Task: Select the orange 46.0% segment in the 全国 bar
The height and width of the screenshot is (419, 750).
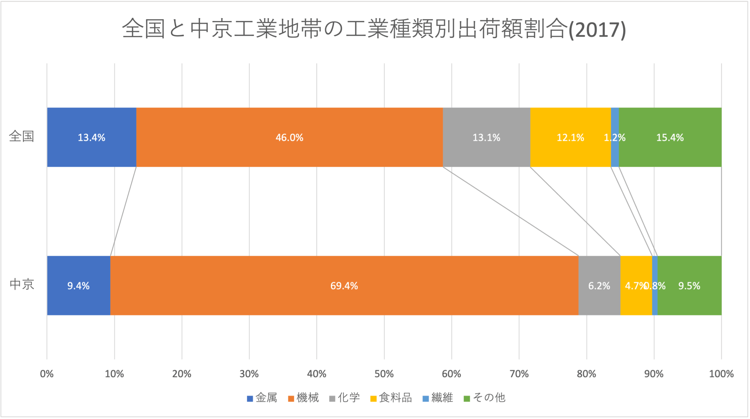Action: [x=289, y=137]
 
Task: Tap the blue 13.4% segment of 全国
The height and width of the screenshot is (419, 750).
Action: [x=91, y=137]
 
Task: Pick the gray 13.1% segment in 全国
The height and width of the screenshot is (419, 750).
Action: [x=486, y=137]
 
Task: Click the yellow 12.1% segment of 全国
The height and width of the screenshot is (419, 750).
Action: [x=570, y=137]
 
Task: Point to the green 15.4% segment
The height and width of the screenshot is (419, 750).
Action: [x=670, y=137]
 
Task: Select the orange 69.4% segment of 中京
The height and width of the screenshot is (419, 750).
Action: [x=344, y=285]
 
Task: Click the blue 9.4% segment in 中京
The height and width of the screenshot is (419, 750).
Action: [x=79, y=285]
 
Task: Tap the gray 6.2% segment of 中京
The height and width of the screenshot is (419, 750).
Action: [x=599, y=285]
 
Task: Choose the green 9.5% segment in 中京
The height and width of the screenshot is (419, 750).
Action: [x=689, y=285]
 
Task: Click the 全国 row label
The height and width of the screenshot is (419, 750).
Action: [x=22, y=136]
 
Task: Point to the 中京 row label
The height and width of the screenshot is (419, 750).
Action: [x=22, y=284]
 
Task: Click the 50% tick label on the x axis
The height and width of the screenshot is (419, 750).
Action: [x=384, y=374]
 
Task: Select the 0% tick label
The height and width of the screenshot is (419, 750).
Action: [x=47, y=374]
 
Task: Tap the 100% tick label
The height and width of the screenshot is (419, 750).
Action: [x=721, y=374]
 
